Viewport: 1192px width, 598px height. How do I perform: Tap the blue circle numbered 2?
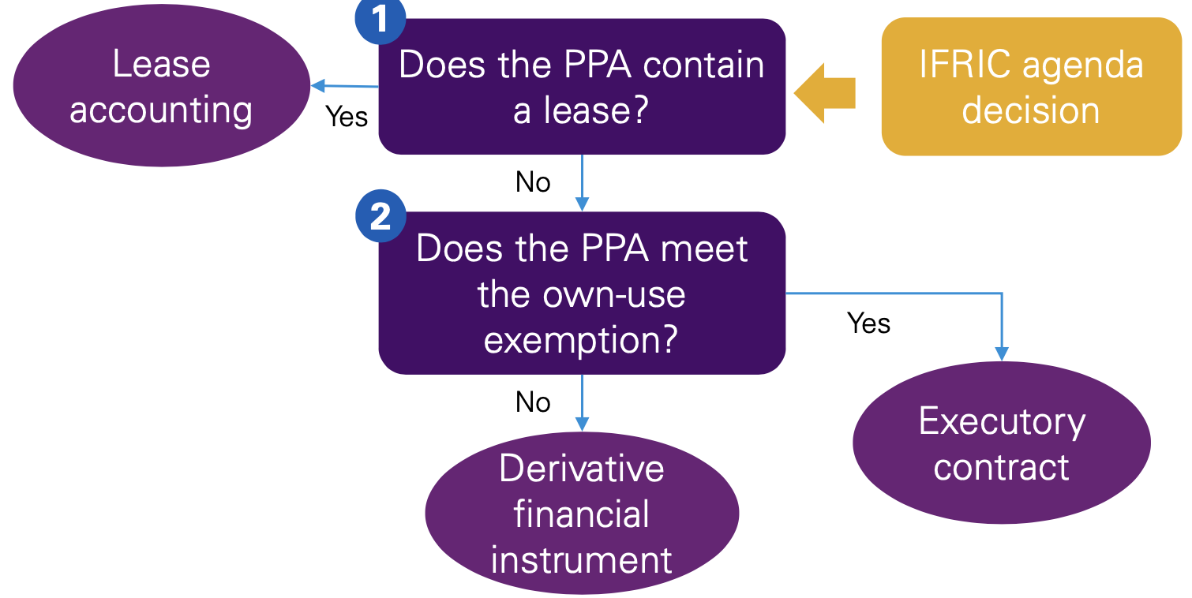[x=380, y=216]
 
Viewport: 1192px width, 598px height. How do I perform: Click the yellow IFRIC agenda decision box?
[x=1031, y=86]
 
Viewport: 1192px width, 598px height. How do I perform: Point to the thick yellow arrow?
[x=824, y=93]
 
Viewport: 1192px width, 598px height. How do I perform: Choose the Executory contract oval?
[x=1001, y=443]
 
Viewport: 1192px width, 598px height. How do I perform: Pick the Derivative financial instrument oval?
[x=582, y=514]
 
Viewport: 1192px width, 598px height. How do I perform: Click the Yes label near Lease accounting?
[x=347, y=117]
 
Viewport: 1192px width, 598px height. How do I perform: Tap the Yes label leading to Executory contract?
[x=868, y=323]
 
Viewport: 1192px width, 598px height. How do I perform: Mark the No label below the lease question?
[x=533, y=182]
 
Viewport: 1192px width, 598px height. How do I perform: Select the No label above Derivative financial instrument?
[x=533, y=402]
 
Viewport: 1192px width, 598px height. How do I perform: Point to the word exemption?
[x=581, y=340]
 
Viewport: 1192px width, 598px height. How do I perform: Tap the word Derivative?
[x=582, y=469]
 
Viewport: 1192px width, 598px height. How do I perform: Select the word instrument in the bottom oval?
[x=582, y=560]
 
